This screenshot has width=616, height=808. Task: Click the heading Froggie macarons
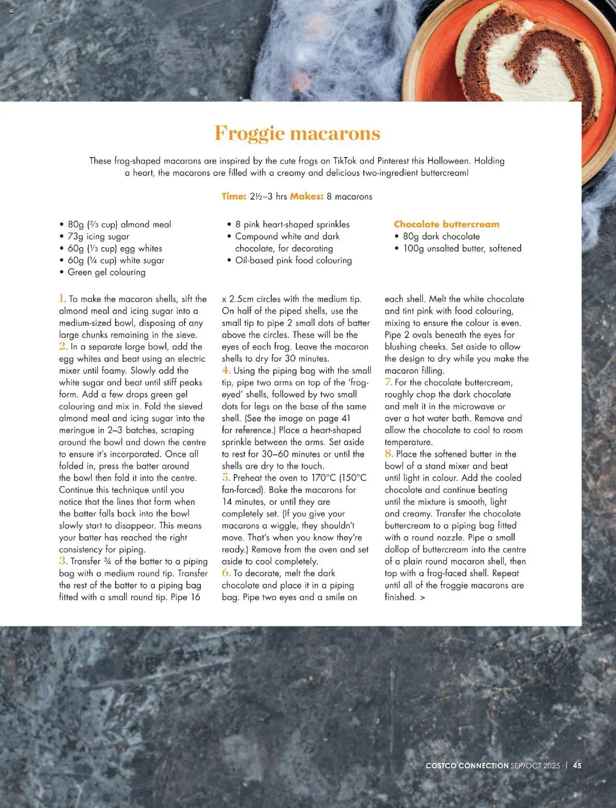(x=297, y=133)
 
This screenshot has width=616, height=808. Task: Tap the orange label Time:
(x=234, y=197)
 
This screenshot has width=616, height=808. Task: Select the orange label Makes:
(x=307, y=197)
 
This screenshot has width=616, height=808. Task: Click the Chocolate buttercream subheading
(x=447, y=224)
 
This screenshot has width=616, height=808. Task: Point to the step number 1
(x=63, y=299)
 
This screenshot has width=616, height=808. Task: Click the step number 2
(x=63, y=346)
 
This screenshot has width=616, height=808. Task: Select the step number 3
(x=63, y=561)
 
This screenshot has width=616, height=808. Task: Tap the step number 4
(x=226, y=371)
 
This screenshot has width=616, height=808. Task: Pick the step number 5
(x=226, y=477)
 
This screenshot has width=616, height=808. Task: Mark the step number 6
(x=226, y=573)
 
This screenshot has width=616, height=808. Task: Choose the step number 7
(x=388, y=382)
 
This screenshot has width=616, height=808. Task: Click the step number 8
(x=389, y=454)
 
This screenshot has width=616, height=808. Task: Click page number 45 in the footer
(x=577, y=765)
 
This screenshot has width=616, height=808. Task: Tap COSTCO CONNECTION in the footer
(x=467, y=765)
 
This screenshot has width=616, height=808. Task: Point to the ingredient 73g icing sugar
(x=98, y=237)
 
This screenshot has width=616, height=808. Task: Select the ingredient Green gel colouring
(x=106, y=272)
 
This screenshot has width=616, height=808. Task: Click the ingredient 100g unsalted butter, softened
(x=462, y=249)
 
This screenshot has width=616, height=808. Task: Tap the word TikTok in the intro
(x=345, y=161)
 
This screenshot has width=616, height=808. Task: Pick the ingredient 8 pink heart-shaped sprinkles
(x=292, y=225)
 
